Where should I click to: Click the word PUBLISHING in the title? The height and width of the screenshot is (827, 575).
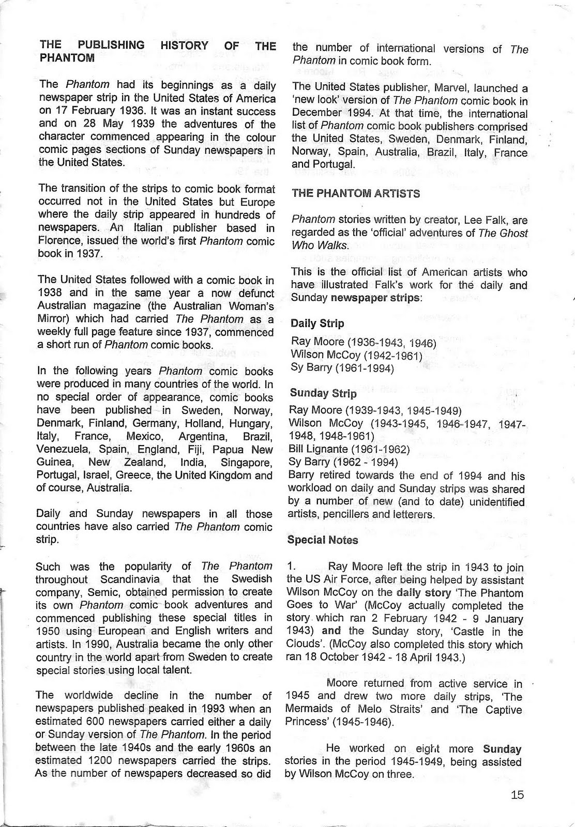tap(112, 45)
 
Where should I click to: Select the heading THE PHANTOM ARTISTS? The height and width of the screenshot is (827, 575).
tap(356, 193)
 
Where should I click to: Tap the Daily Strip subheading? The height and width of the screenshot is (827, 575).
tap(317, 324)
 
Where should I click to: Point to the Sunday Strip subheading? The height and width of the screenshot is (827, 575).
tap(323, 393)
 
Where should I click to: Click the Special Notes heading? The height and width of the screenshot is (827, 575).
tap(323, 540)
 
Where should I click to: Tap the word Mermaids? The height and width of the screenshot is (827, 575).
tap(309, 709)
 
